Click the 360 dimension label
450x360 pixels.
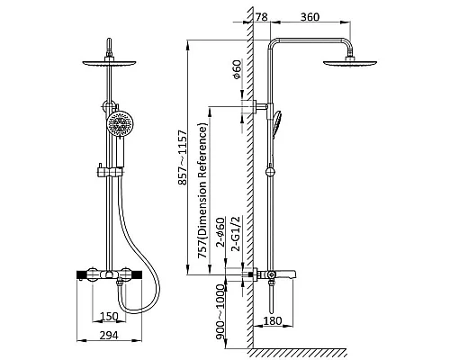[310, 17]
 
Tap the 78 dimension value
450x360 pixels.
[262, 17]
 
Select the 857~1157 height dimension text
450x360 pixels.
[182, 157]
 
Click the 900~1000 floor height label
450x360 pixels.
[220, 312]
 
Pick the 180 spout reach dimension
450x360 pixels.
[273, 320]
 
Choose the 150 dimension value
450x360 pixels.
[109, 316]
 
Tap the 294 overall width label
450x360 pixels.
[109, 336]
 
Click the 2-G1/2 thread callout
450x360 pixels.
[237, 233]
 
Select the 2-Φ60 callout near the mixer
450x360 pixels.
[220, 232]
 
